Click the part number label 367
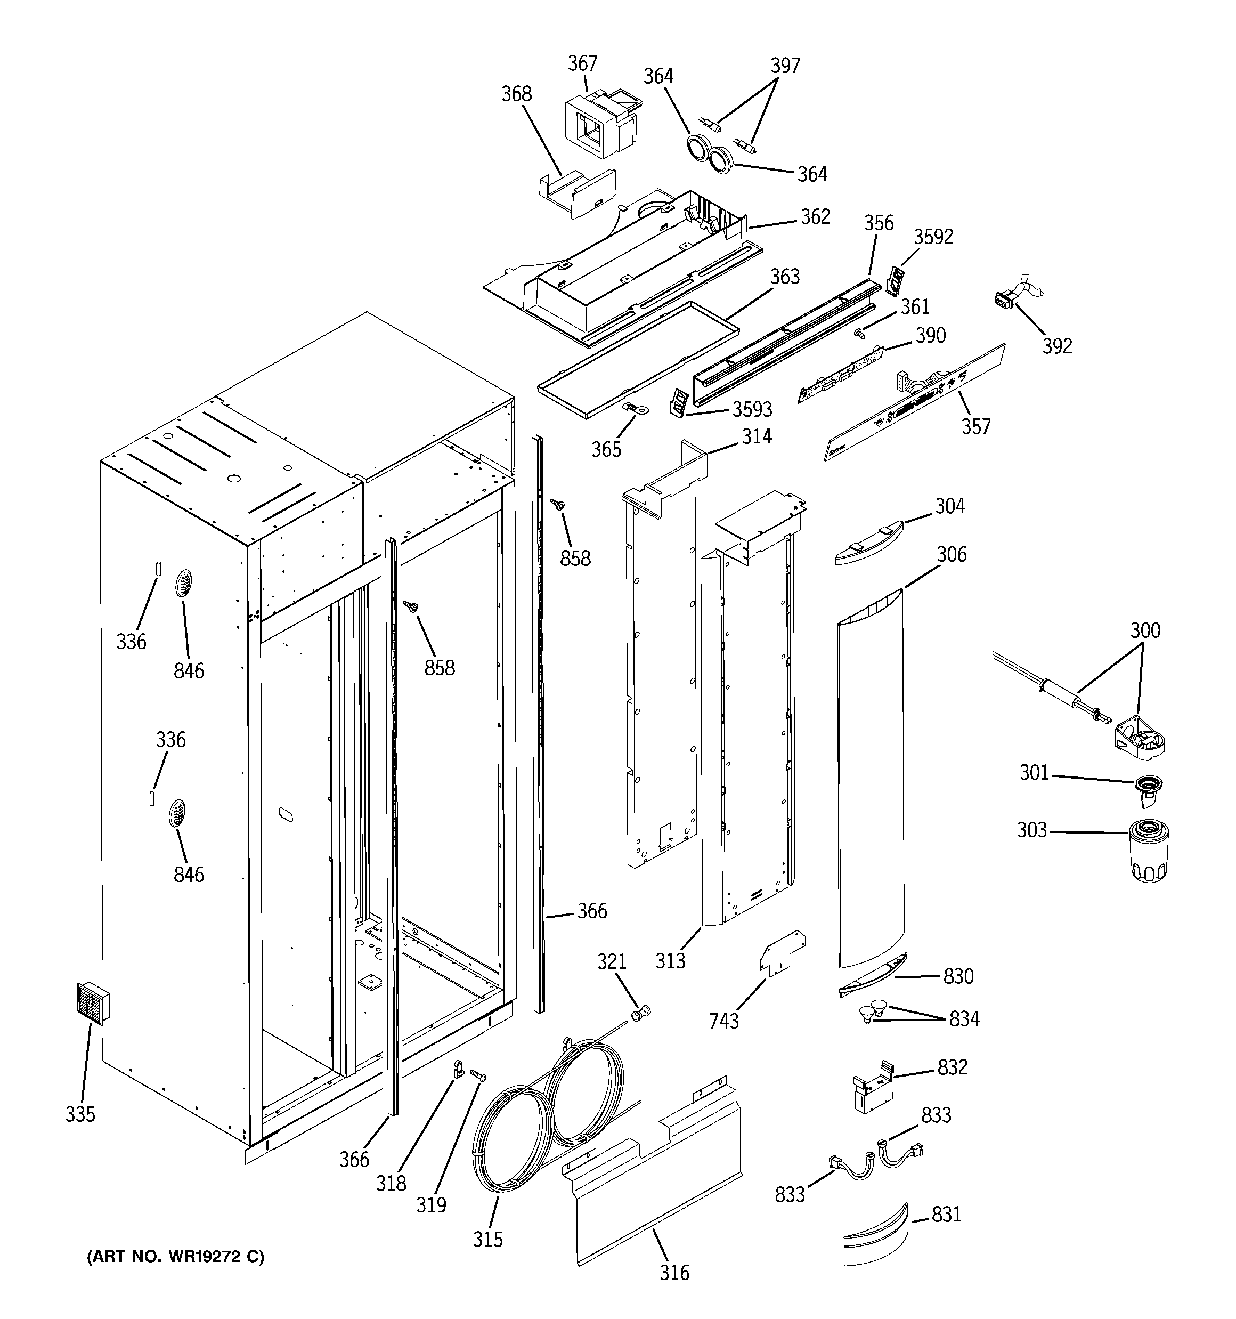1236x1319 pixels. point(582,64)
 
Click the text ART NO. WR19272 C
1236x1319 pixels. point(176,1257)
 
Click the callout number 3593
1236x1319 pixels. point(752,409)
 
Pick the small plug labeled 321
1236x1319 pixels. point(641,1013)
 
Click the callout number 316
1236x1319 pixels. point(674,1273)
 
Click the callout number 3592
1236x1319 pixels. point(933,237)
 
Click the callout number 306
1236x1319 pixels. point(952,554)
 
